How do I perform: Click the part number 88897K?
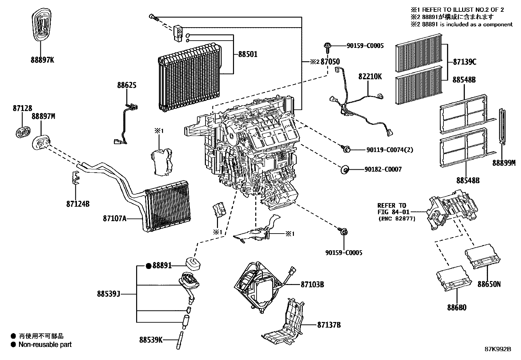click(42, 60)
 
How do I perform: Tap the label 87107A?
click(114, 218)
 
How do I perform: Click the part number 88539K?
click(151, 340)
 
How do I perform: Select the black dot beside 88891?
click(148, 266)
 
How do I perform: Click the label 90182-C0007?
click(383, 170)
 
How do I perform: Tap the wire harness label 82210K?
click(370, 76)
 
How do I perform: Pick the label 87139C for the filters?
click(464, 62)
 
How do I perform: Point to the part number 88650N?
click(489, 284)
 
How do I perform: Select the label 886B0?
click(457, 308)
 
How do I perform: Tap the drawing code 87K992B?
click(498, 349)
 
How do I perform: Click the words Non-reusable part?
click(45, 345)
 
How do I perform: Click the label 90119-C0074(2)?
click(389, 150)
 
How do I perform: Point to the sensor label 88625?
click(127, 85)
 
